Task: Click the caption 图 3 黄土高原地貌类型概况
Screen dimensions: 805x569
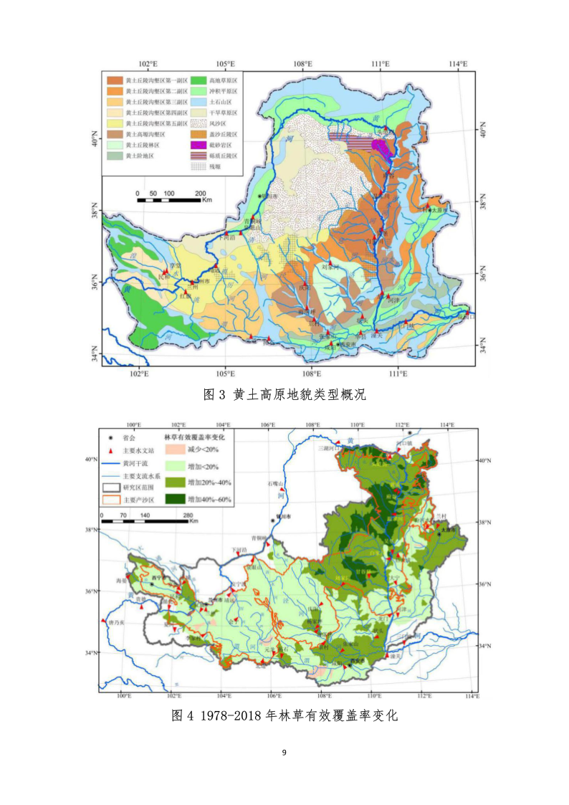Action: coord(285,395)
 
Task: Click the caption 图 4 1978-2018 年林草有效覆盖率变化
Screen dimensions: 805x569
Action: coord(284,715)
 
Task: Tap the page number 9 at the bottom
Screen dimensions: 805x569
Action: coord(284,753)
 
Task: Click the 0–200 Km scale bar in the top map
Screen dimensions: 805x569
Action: coord(169,198)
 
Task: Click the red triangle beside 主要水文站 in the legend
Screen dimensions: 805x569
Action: coord(109,450)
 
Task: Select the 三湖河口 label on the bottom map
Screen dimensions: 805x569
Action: coord(327,448)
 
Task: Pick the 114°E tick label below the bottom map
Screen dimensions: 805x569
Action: coord(471,695)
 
